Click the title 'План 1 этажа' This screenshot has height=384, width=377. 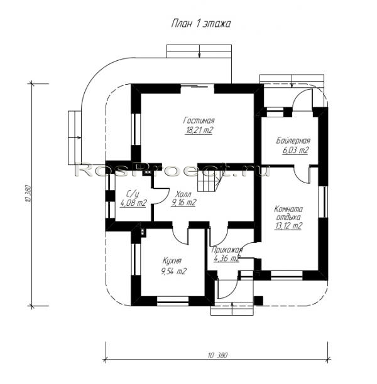(x=200, y=24)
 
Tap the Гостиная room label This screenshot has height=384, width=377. (x=199, y=120)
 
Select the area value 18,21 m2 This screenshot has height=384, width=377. (x=199, y=131)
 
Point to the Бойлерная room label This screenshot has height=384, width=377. (x=293, y=141)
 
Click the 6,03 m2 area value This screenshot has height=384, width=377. (x=295, y=150)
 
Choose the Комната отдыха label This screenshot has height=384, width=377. (x=288, y=213)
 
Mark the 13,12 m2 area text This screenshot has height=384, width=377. (x=288, y=226)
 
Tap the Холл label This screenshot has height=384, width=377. (x=183, y=195)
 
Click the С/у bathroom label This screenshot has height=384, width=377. (x=133, y=195)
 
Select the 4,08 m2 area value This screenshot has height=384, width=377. (x=133, y=203)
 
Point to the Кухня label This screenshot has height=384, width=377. (x=172, y=261)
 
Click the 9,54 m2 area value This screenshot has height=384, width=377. (x=173, y=271)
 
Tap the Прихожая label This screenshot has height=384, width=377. (x=227, y=250)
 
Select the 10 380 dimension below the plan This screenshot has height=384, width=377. (x=217, y=355)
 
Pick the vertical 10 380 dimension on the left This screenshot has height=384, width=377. (x=28, y=193)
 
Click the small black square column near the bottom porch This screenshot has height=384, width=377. (x=258, y=301)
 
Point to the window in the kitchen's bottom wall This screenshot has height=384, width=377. (x=172, y=301)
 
